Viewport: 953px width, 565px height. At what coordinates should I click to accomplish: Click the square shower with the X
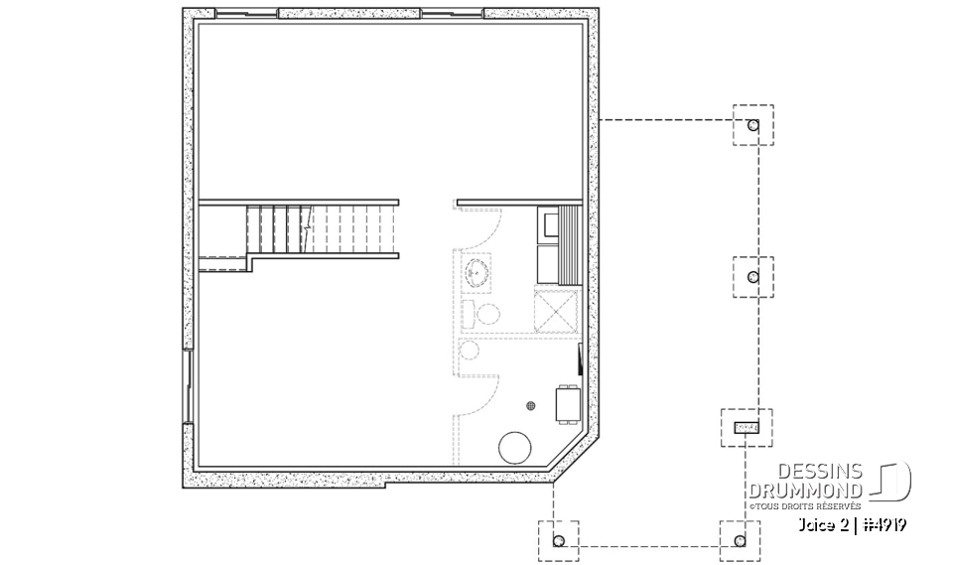click(555, 311)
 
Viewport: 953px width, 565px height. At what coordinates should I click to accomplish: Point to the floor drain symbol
click(532, 405)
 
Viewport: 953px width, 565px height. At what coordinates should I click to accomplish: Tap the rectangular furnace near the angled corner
click(568, 405)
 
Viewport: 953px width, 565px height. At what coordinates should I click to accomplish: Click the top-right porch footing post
click(753, 126)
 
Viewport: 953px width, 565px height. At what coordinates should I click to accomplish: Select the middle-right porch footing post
click(753, 276)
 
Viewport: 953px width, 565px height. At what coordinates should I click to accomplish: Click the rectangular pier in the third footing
click(746, 427)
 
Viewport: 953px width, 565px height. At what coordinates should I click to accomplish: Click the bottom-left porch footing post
click(558, 540)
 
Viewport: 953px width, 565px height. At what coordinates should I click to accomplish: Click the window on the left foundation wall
click(187, 386)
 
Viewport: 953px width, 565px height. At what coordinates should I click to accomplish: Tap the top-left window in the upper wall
click(246, 14)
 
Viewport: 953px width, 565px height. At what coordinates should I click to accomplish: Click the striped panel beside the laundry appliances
click(570, 244)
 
